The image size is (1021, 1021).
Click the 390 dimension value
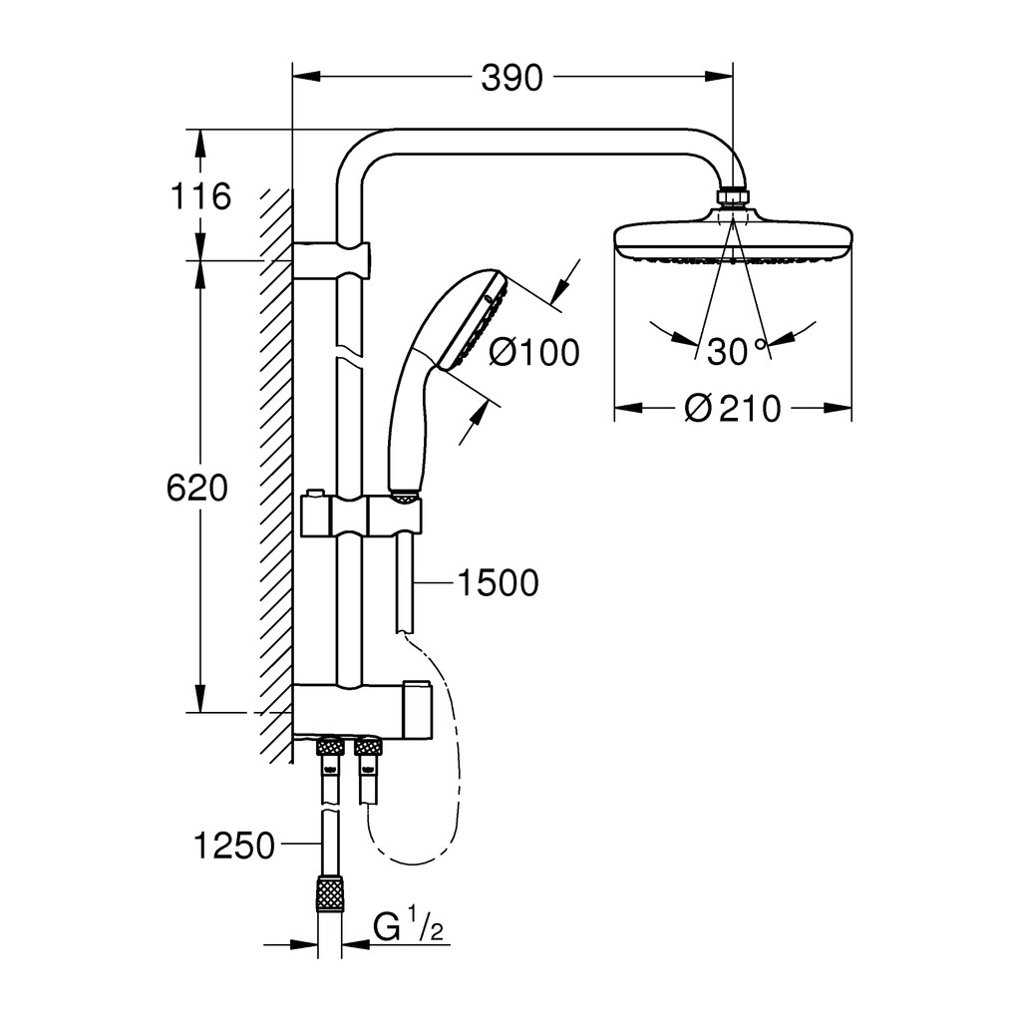coord(511,79)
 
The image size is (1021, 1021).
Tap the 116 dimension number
coord(199,196)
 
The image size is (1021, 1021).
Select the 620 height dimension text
coord(197,488)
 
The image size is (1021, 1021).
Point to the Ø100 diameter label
coord(534,353)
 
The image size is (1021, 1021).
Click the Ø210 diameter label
coord(733,409)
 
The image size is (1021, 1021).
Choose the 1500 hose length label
coord(499,582)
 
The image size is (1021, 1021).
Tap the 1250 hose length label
coord(234,846)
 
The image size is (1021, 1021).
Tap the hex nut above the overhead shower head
coord(734,196)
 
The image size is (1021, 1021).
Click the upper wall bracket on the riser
coord(331,260)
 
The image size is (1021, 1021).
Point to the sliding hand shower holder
coord(361,515)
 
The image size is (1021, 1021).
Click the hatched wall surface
coord(276,476)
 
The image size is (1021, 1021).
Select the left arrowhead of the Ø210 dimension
coord(629,408)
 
